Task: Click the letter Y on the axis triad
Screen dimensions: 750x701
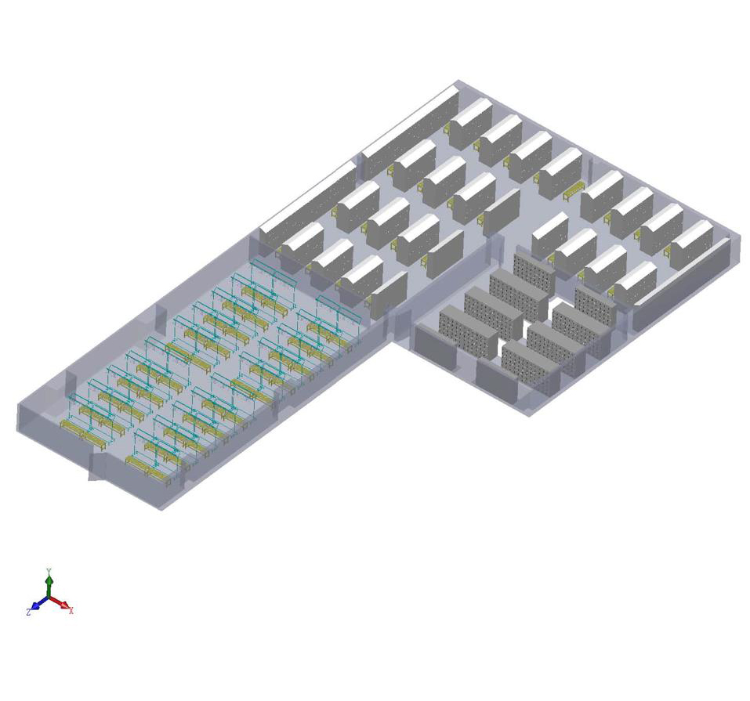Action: coord(49,571)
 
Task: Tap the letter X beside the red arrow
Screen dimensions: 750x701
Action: coord(71,610)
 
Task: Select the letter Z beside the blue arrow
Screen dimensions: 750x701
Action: coord(29,612)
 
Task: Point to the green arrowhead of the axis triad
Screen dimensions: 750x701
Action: coord(49,580)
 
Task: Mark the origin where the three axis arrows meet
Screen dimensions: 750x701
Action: coord(49,598)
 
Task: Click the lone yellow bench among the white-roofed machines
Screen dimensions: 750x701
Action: coord(574,191)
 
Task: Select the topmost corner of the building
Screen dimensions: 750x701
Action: coord(458,81)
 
